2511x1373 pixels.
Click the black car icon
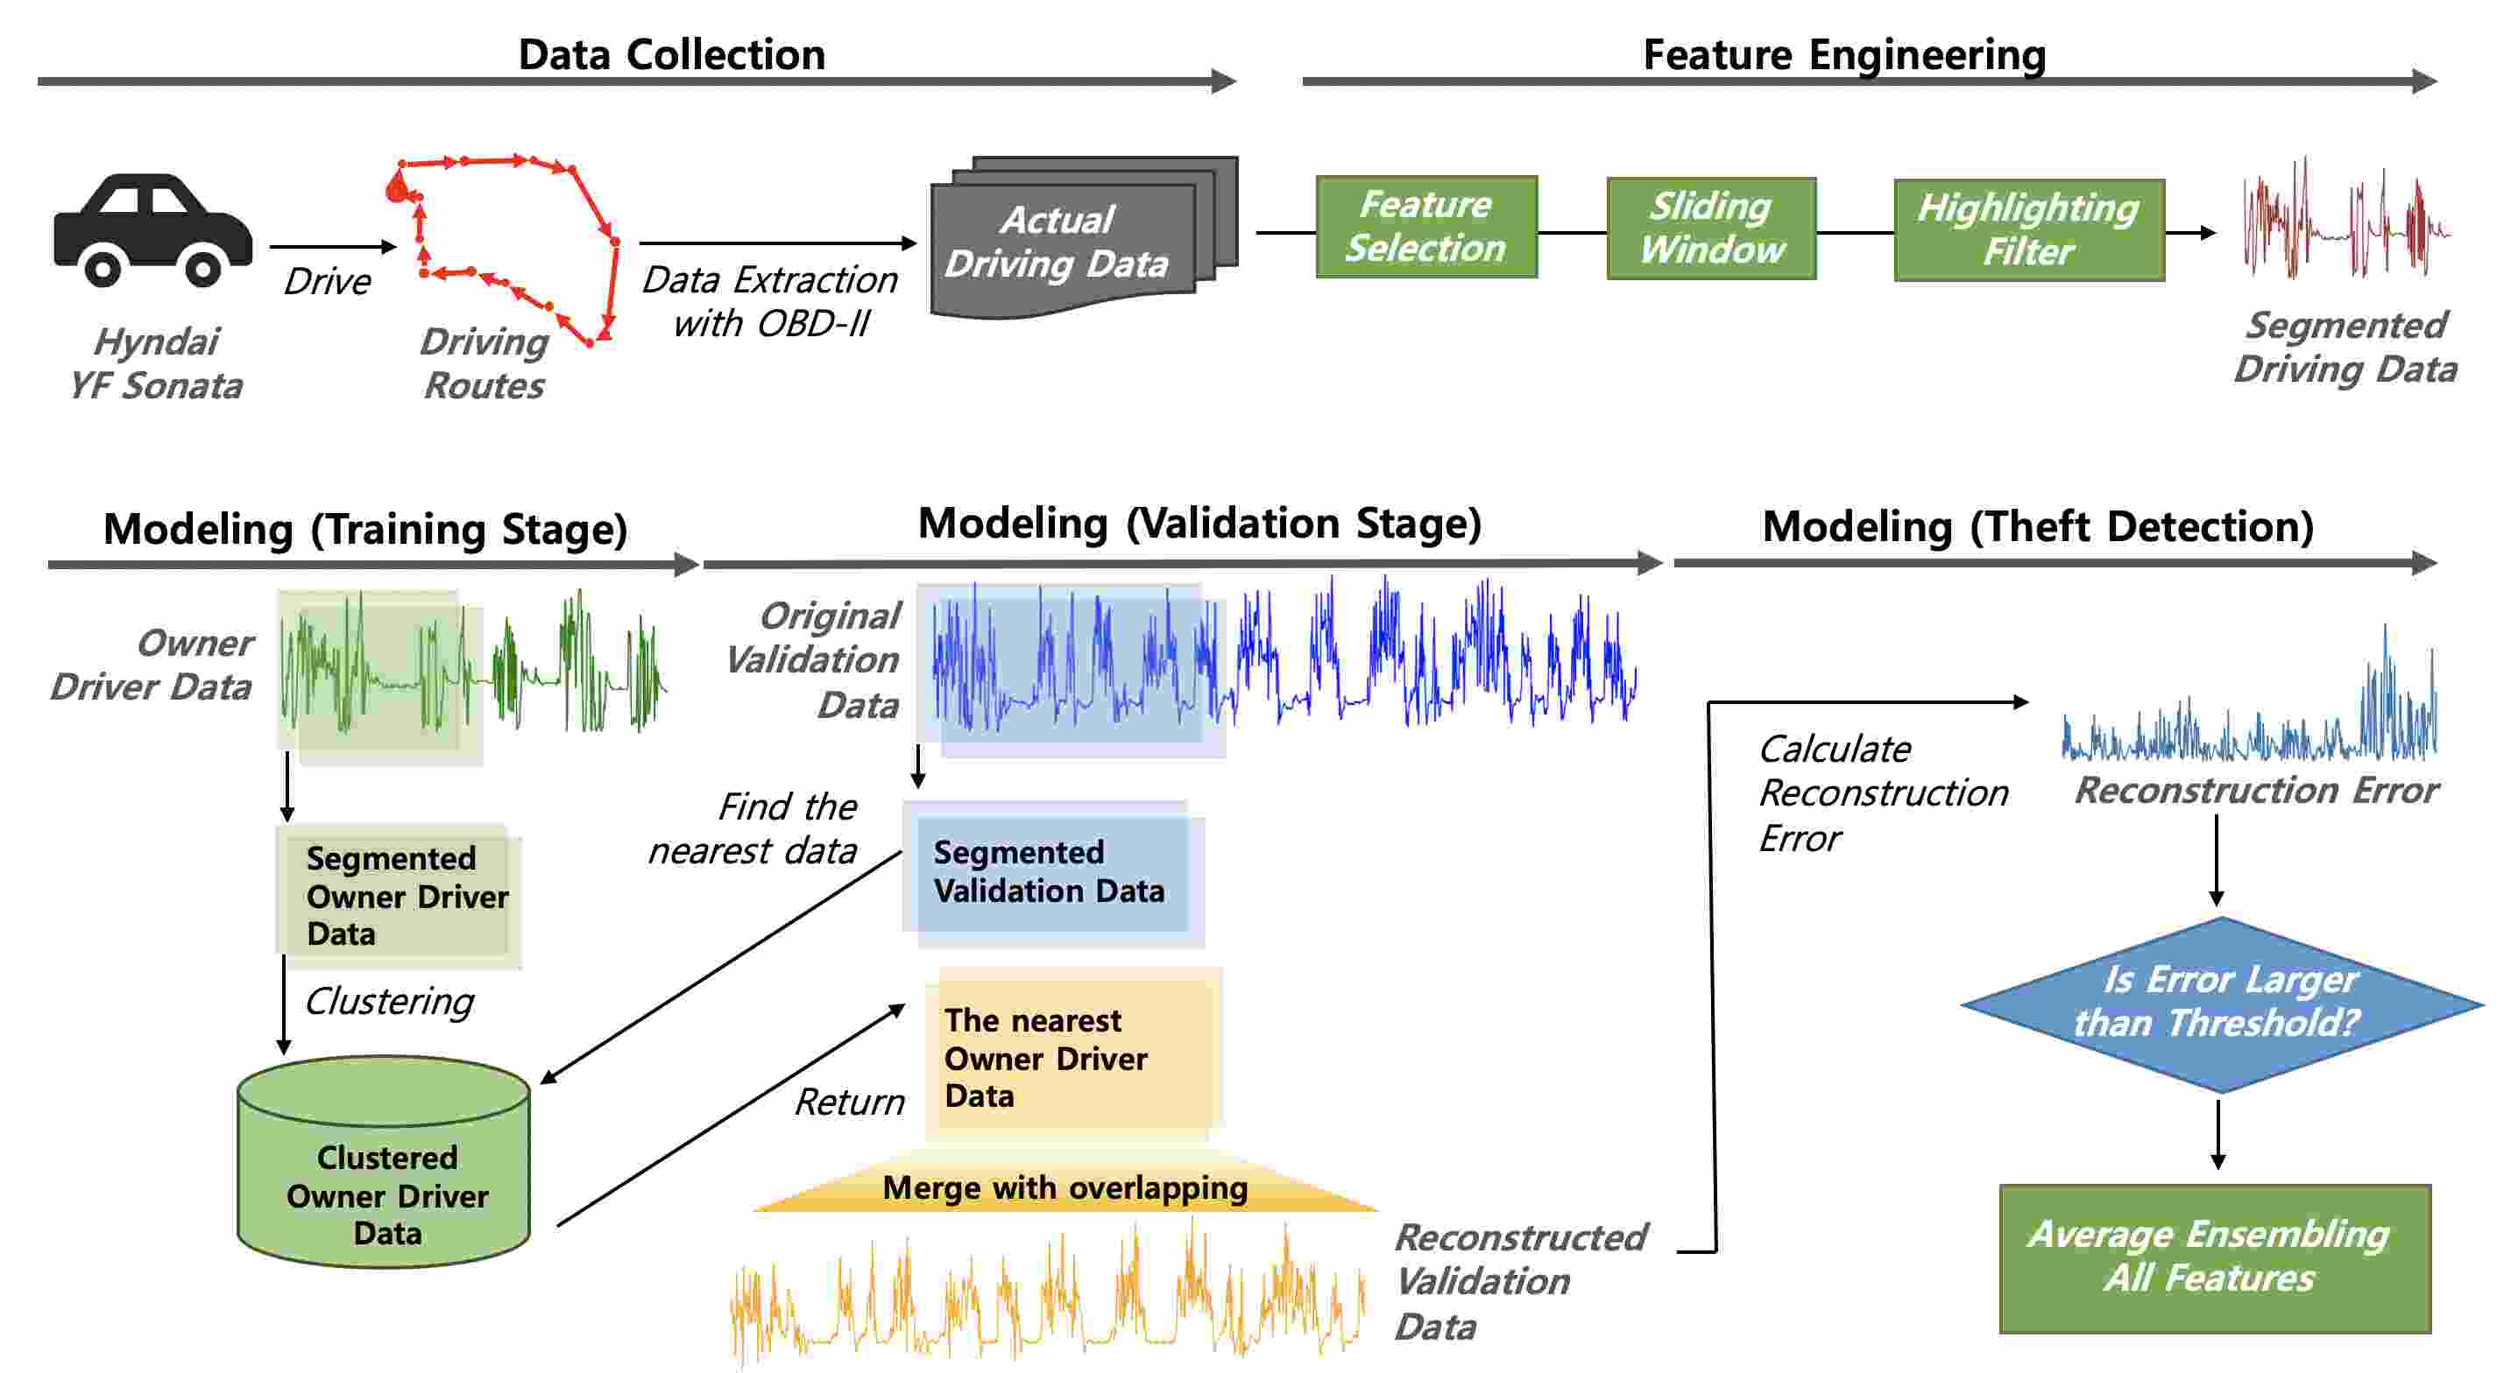pyautogui.click(x=153, y=230)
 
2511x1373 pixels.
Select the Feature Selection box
pyautogui.click(x=1426, y=227)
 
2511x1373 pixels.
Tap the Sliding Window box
pyautogui.click(x=1711, y=228)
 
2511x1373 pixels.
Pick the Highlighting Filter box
pyautogui.click(x=2028, y=230)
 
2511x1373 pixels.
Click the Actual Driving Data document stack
pyautogui.click(x=1083, y=238)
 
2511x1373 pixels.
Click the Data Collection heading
pyautogui.click(x=672, y=54)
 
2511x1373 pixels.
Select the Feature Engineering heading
pyautogui.click(x=1844, y=54)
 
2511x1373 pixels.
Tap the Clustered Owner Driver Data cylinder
pyautogui.click(x=384, y=1162)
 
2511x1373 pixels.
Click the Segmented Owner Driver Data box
pyautogui.click(x=400, y=897)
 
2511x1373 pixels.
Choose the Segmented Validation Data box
pyautogui.click(x=1054, y=873)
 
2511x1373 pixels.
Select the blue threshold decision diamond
pyautogui.click(x=2222, y=1003)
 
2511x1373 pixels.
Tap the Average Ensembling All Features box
pyautogui.click(x=2215, y=1258)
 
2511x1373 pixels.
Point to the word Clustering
pyautogui.click(x=389, y=1002)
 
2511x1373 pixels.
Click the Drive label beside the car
pyautogui.click(x=328, y=282)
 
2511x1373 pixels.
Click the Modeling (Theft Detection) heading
pyautogui.click(x=2038, y=527)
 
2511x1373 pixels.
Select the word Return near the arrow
pyautogui.click(x=849, y=1102)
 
